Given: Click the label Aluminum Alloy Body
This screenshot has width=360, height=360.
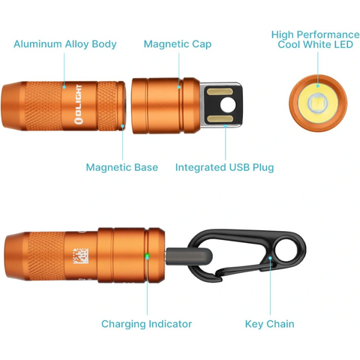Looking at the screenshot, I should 65,44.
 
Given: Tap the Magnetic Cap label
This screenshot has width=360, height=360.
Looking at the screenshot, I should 178,44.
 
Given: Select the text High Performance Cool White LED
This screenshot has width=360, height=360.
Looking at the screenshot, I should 315,40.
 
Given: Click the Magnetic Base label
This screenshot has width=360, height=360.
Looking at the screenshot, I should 121,167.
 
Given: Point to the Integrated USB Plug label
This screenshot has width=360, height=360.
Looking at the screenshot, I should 224,167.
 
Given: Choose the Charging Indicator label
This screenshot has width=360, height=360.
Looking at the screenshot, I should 146,324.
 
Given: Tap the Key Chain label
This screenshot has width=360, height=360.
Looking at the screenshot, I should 269,324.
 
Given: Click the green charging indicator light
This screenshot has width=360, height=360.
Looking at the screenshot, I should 147,258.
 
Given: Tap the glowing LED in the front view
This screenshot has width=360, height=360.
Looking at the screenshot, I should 316,102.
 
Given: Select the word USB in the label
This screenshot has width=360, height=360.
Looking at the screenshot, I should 239,167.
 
